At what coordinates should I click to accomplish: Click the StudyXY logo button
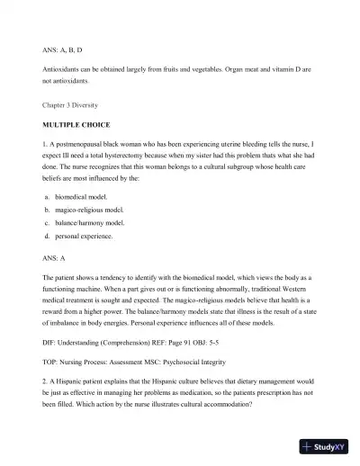click(x=325, y=447)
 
